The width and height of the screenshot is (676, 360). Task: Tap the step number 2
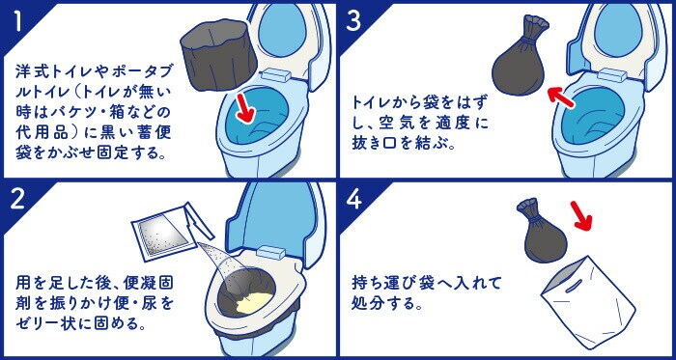(18, 200)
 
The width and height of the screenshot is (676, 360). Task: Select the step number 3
(353, 21)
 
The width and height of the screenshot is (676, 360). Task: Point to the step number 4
(354, 200)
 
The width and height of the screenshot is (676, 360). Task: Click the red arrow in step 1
(245, 108)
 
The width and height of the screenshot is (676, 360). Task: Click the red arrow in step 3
(560, 97)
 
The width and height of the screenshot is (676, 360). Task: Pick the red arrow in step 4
(581, 216)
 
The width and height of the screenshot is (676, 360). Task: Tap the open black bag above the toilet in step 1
(218, 55)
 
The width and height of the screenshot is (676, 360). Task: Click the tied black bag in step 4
(543, 231)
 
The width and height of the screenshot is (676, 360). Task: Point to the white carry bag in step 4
(587, 301)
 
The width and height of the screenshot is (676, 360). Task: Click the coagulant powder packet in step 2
(166, 233)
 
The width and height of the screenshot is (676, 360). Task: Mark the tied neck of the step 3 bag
(528, 39)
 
